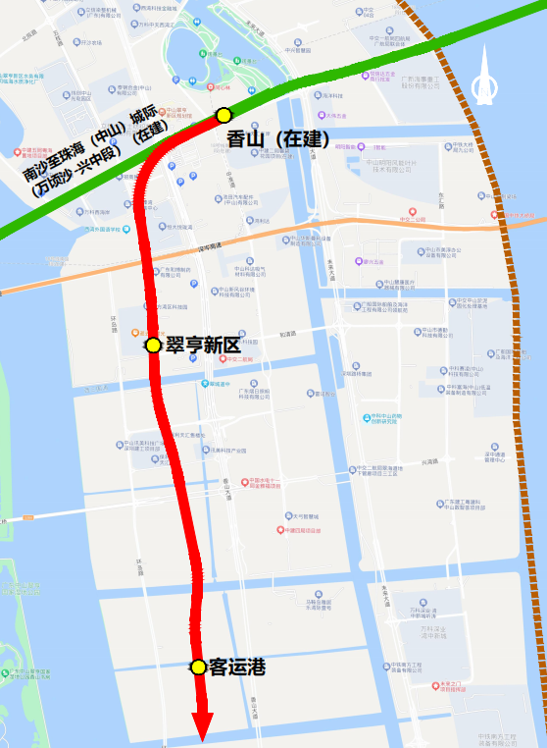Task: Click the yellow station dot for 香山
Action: [x=224, y=115]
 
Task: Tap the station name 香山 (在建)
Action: [x=277, y=139]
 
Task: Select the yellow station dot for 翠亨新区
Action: [x=153, y=345]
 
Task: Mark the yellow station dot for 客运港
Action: [x=198, y=667]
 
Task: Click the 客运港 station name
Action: [x=237, y=667]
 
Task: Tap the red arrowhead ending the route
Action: [x=203, y=727]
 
